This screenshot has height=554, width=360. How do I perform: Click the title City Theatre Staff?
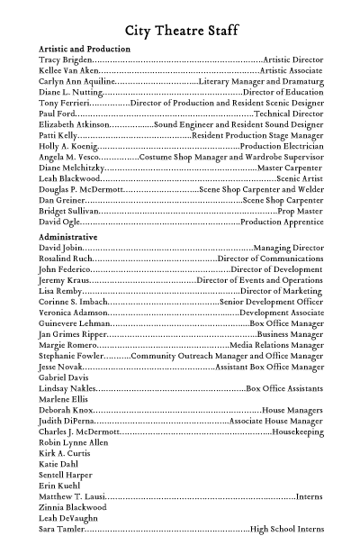pos(180,28)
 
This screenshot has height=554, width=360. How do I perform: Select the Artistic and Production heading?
pos(85,48)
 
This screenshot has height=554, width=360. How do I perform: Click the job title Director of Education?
pos(283,91)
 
